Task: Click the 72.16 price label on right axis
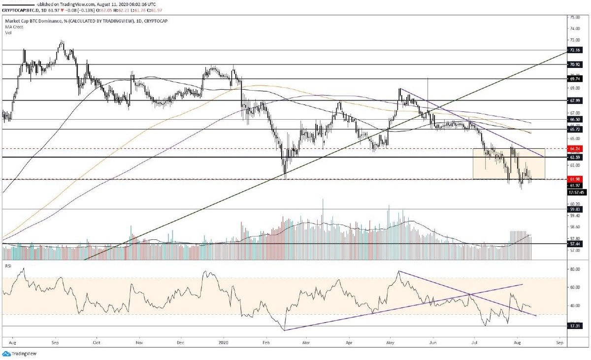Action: click(574, 50)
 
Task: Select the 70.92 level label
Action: click(574, 64)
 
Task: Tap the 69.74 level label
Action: click(574, 78)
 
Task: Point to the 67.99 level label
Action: click(574, 100)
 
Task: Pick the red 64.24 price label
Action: click(574, 148)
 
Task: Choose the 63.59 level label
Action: click(574, 157)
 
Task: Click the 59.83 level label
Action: click(574, 209)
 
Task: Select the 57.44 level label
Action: click(574, 243)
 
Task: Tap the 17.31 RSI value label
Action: click(574, 326)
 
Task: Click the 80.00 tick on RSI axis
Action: click(574, 269)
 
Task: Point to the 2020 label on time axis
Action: click(224, 341)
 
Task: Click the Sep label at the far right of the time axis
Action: click(559, 341)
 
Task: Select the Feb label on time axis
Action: click(266, 341)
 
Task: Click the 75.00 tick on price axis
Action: click(574, 17)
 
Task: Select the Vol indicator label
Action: click(8, 33)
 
